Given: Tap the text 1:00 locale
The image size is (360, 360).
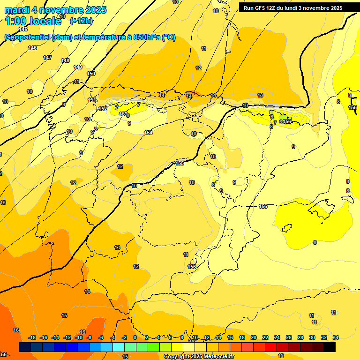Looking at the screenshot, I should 33,21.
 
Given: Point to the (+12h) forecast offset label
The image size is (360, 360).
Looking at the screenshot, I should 81,21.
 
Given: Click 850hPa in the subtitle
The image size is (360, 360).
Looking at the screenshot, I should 146,37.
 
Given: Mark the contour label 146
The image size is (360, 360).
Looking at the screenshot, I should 32,48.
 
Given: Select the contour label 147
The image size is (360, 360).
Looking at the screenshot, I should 47,58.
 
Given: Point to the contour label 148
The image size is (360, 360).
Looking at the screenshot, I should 65,60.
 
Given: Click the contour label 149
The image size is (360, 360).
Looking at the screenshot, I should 78,67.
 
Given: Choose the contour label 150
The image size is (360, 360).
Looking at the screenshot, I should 91,74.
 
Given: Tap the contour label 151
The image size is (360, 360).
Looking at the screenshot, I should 92,100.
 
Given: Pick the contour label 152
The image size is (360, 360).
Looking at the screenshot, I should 103,109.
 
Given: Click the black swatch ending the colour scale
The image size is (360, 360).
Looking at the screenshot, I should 330,347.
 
